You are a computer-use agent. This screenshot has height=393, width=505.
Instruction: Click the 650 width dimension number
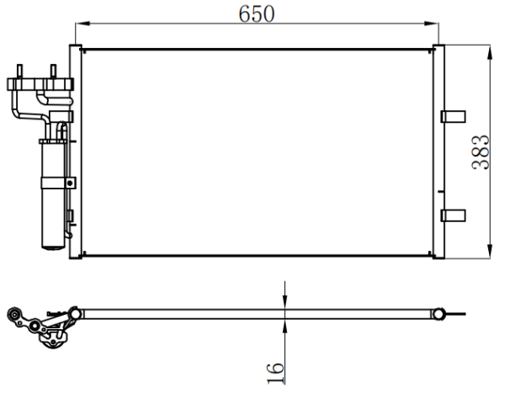(257, 13)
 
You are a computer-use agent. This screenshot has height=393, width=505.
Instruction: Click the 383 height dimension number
(481, 152)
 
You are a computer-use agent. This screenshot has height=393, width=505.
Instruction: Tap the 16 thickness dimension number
(276, 374)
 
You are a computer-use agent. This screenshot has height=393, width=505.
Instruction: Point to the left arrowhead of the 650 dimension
(82, 24)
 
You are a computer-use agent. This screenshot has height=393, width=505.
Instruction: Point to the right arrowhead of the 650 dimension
(432, 24)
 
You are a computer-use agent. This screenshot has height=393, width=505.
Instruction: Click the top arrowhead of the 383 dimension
(490, 52)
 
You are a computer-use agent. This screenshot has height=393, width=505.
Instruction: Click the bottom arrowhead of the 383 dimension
(490, 252)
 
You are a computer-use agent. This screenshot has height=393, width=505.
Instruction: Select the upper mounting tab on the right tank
(453, 117)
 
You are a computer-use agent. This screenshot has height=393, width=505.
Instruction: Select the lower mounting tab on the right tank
(453, 215)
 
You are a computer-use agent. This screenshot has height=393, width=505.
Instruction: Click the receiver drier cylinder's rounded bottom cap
(54, 247)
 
